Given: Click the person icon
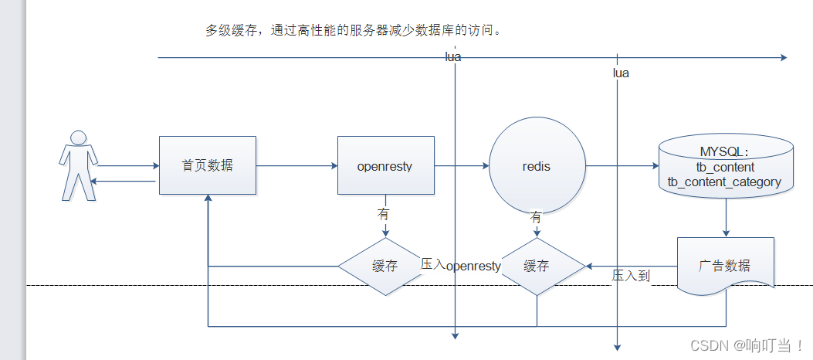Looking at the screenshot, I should [79, 166].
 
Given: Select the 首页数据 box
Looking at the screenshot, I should [207, 165].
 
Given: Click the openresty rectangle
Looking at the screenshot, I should [385, 165].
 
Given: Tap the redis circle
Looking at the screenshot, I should [537, 165].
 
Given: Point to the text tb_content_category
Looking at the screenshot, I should [724, 182].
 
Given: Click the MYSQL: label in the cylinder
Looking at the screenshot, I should [724, 151].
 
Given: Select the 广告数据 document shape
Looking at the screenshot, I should [724, 266].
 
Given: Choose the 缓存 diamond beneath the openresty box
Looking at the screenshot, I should [385, 266].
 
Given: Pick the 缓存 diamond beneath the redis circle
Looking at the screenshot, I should [537, 266].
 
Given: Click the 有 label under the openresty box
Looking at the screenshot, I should [384, 212].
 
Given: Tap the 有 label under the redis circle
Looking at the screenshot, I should [536, 217].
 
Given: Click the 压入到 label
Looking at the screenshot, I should [631, 275].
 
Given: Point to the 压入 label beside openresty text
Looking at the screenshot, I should [432, 264].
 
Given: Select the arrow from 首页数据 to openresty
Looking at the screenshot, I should [296, 165].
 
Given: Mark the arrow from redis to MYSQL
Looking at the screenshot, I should [622, 165].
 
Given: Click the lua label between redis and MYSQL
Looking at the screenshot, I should [621, 73].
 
